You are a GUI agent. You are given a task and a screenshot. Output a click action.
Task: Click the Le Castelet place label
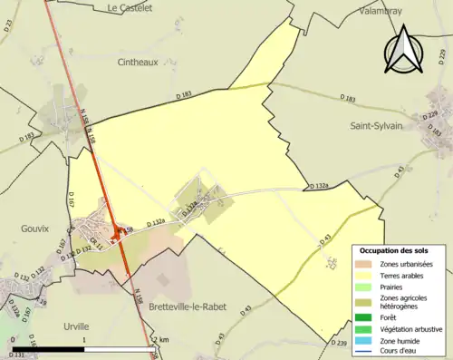(x=130, y=7)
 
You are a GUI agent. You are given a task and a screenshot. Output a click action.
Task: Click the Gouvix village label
(x=34, y=229)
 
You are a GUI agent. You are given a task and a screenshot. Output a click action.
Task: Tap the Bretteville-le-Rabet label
(x=192, y=308)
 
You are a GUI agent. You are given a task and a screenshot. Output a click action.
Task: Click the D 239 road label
(x=340, y=343)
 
